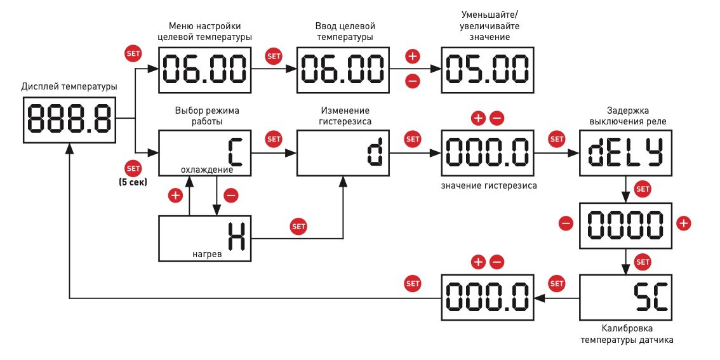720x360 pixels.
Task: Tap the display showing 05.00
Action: pyautogui.click(x=486, y=69)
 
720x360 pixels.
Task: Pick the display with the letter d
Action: pyautogui.click(x=342, y=152)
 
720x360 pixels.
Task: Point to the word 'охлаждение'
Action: pyautogui.click(x=207, y=170)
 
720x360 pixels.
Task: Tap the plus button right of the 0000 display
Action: pyautogui.click(x=683, y=223)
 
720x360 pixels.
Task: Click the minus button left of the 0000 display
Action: pyautogui.click(x=566, y=223)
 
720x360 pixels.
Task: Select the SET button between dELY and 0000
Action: pyautogui.click(x=643, y=189)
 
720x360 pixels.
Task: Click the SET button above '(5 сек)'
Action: pyautogui.click(x=133, y=169)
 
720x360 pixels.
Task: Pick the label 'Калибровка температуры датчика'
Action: pyautogui.click(x=627, y=334)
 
